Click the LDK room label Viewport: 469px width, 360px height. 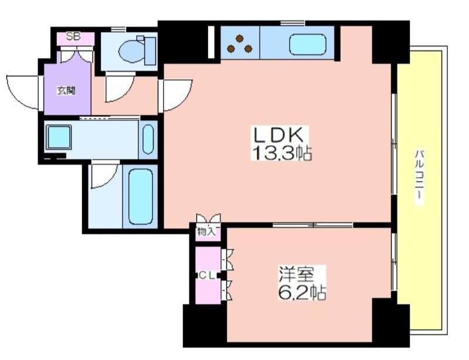(279, 135)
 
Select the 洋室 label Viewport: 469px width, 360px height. (296, 274)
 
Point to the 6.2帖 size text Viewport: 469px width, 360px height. (302, 292)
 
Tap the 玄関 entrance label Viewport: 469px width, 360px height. (66, 91)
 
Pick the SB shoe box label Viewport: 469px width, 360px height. (73, 37)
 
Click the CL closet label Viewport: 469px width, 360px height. (208, 276)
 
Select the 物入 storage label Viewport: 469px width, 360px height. (207, 232)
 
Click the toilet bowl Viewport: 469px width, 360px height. (131, 51)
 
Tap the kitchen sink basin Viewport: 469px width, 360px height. (307, 45)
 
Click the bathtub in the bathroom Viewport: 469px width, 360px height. (141, 196)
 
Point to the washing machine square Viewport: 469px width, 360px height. (59, 137)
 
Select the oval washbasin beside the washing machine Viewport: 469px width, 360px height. (148, 139)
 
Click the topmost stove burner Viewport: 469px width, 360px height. (239, 38)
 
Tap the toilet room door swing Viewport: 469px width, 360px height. (120, 87)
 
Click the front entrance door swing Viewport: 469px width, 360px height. (23, 92)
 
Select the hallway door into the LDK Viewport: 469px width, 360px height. (175, 95)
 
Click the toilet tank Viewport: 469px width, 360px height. (150, 51)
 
